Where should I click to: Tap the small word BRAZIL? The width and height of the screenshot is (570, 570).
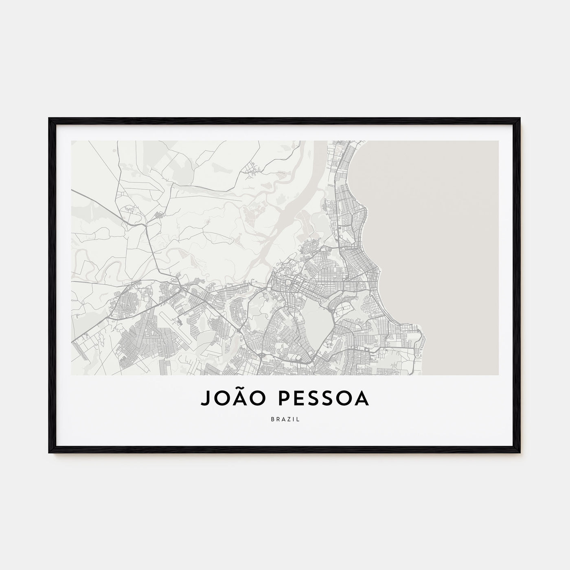(x=285, y=419)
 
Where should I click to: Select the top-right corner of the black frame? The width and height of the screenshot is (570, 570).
(x=520, y=119)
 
